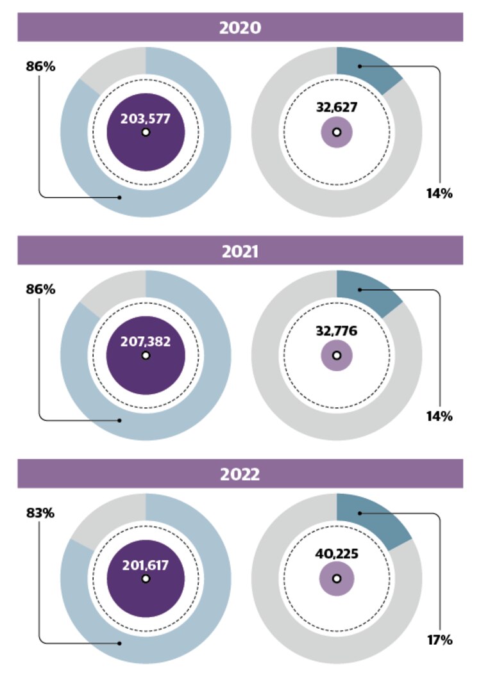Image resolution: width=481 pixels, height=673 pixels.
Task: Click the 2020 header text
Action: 240,28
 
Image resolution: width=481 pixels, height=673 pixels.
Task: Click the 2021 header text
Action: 240,251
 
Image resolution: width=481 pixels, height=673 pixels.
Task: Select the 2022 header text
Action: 240,474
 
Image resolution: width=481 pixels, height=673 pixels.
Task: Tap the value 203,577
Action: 146,118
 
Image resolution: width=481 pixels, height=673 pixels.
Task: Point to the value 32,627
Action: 337,107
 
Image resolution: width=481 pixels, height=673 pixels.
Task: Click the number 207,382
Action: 146,341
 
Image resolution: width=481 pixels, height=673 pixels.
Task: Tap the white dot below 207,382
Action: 146,355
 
